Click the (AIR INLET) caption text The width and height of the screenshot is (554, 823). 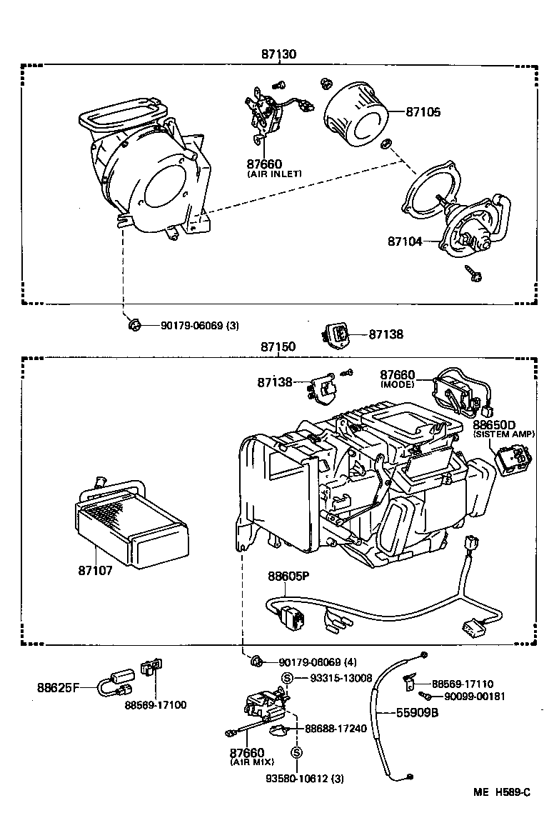tap(275, 174)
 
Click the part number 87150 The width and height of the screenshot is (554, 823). tap(278, 346)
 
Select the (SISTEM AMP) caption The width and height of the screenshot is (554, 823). tap(508, 434)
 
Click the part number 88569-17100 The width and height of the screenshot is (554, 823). tap(155, 704)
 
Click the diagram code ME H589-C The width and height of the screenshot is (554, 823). tap(502, 792)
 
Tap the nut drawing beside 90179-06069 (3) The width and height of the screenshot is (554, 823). tap(134, 325)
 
